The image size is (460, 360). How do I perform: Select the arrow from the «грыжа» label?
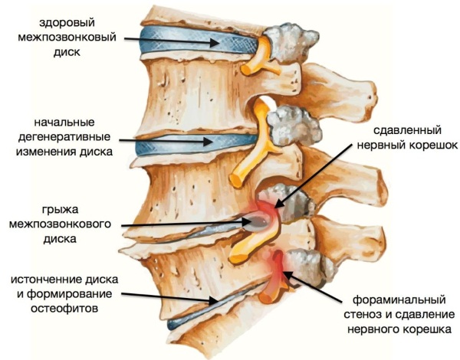click(x=184, y=224)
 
